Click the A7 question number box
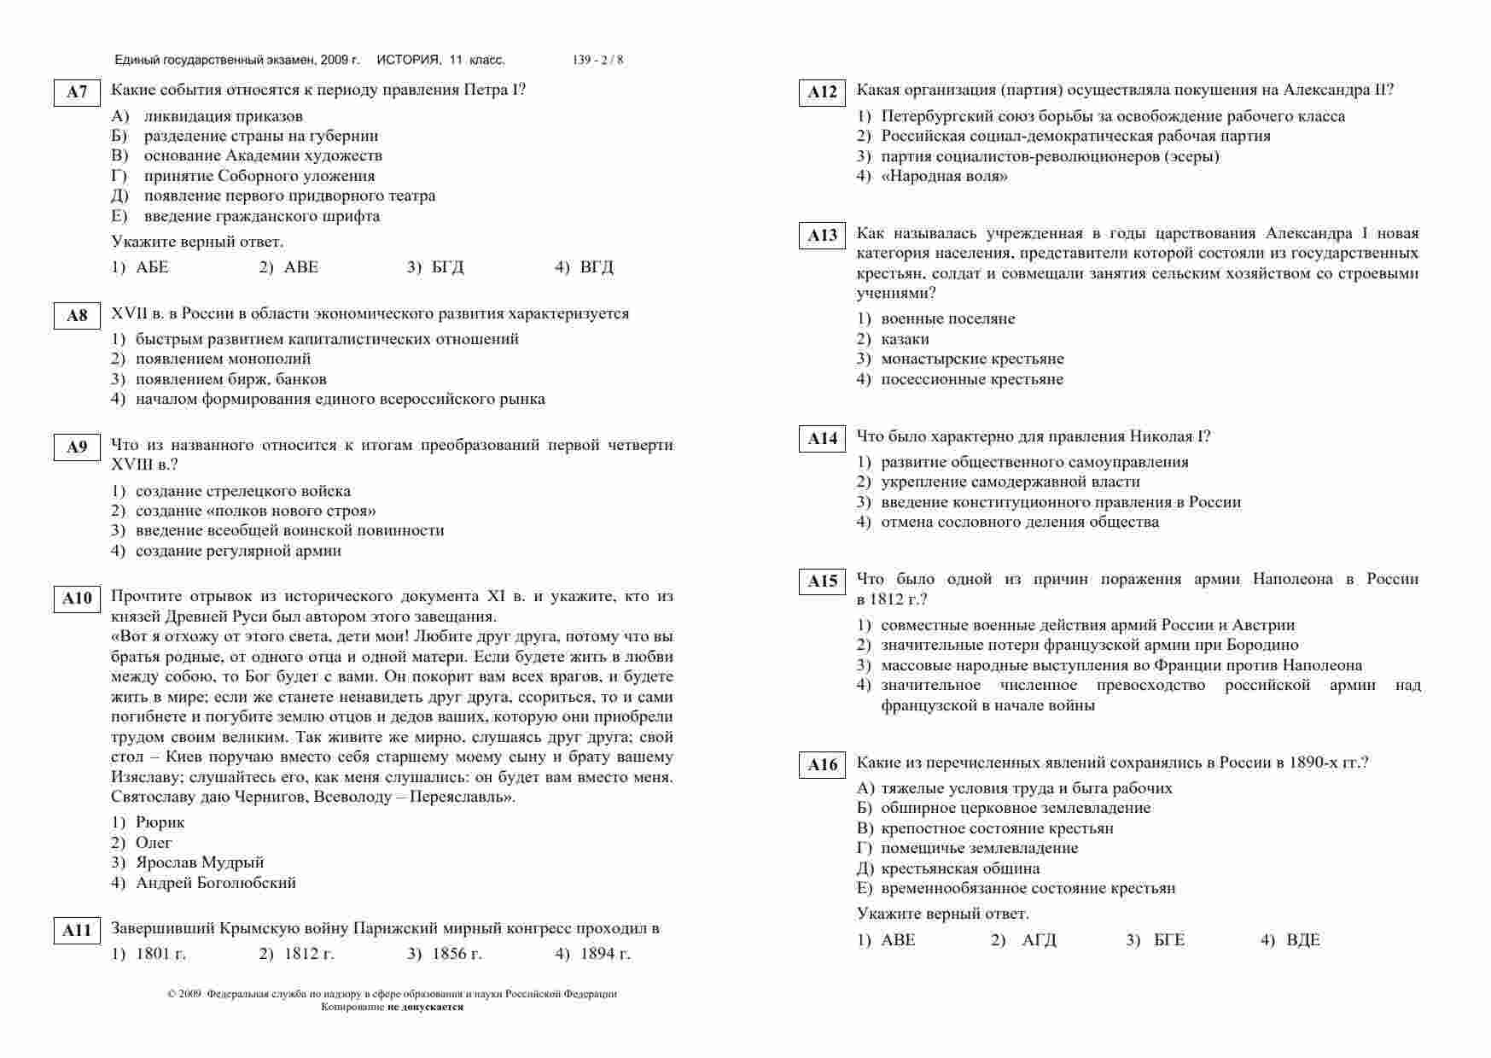point(77,92)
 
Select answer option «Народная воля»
point(944,177)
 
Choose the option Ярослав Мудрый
point(200,862)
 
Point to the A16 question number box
point(822,765)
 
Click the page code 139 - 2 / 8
point(597,60)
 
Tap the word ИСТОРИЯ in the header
point(408,60)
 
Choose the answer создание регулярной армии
point(238,551)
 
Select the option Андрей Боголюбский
point(215,883)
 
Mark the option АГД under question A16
point(1039,940)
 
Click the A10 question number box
point(77,599)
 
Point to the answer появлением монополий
point(223,359)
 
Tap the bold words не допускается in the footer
point(425,1007)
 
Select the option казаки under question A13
point(905,339)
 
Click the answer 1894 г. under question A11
point(604,954)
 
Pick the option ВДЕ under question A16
point(1302,940)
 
